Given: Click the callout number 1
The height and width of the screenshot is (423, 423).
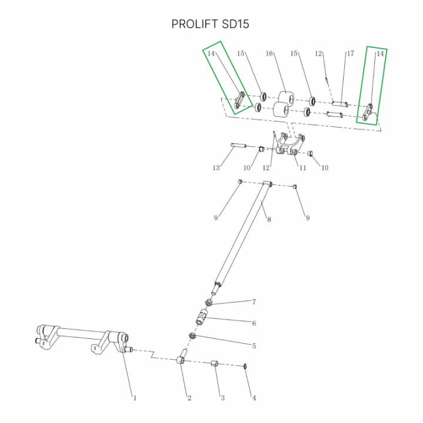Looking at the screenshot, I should tap(135, 398).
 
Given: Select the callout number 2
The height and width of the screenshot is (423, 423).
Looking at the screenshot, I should tap(189, 398).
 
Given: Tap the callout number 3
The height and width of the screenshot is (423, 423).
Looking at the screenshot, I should tap(223, 398).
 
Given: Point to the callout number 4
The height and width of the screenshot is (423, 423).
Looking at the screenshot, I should tap(254, 398).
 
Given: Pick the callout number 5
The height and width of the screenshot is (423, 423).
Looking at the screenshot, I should tap(254, 345).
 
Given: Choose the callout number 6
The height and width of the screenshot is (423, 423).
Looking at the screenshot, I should tap(254, 323).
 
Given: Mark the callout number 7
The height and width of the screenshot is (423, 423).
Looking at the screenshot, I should tap(254, 302).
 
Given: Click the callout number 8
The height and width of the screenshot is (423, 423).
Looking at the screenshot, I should tap(268, 220).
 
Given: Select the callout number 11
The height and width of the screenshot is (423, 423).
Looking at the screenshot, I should tap(303, 168).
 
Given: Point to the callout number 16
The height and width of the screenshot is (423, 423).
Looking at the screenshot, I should tap(270, 53).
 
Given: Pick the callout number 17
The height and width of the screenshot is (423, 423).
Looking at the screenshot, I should tap(350, 53).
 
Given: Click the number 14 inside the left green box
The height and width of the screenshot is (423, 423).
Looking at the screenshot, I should tap(211, 53).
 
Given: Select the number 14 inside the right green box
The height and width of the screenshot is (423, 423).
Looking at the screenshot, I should tap(380, 53).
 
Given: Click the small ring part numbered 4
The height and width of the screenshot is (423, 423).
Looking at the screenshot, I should tap(245, 366).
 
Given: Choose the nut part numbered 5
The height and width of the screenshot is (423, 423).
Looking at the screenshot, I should tap(192, 335).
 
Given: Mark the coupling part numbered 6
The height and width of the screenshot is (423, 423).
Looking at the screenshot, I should tap(201, 319).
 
